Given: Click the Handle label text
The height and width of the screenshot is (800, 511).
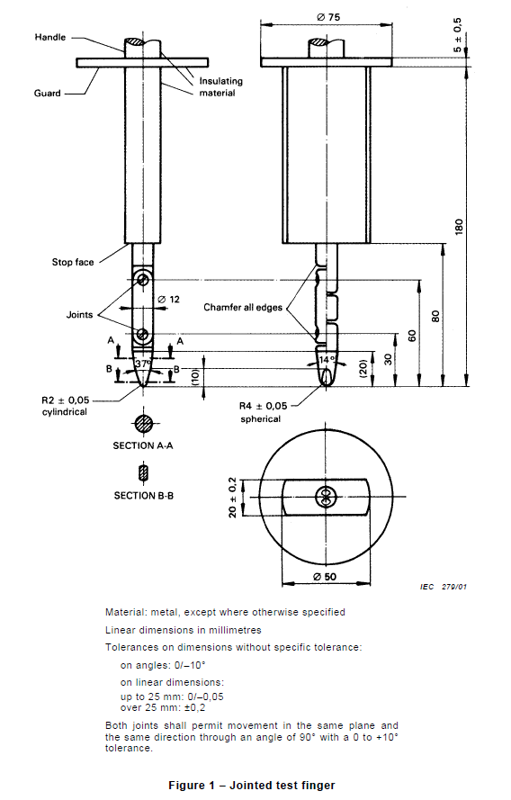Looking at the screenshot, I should [49, 37].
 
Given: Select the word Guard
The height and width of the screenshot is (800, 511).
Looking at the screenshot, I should [49, 93].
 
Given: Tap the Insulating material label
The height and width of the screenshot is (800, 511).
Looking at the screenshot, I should [221, 86].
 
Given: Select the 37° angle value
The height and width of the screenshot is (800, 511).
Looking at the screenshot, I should [143, 365].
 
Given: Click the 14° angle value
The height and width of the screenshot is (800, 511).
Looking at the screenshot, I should [326, 360].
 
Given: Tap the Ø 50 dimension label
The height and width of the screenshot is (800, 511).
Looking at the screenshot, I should [325, 574].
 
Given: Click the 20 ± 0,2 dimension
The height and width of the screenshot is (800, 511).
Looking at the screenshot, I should [233, 497].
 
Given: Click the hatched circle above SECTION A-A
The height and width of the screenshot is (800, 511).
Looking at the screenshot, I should [143, 423].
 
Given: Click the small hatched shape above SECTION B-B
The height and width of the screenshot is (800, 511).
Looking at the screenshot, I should [143, 472].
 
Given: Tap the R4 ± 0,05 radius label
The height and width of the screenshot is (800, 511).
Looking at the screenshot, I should [268, 406].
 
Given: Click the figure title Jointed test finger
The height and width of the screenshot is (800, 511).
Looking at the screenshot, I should [251, 786].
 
